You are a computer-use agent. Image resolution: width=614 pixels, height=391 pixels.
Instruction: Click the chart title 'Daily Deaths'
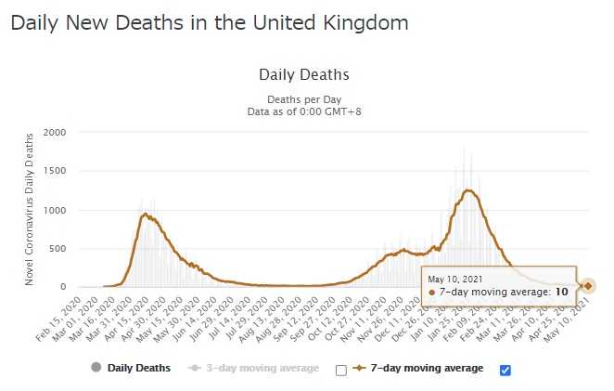[303, 74]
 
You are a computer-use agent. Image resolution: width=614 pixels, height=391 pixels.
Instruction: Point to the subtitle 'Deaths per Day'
[303, 98]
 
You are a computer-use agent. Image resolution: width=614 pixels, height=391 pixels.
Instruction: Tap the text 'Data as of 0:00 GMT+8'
[303, 110]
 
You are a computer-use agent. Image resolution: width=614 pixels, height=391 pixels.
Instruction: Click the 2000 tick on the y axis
[55, 133]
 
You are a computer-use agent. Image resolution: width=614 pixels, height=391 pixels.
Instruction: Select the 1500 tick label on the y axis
[55, 172]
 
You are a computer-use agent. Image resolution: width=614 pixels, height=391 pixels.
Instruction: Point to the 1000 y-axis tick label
[55, 211]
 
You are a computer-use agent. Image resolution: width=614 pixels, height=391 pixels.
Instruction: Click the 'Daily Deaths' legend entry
[138, 368]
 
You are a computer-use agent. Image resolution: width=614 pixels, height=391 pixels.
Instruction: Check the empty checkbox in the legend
[340, 370]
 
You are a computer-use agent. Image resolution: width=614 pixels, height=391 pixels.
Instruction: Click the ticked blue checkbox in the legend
[505, 370]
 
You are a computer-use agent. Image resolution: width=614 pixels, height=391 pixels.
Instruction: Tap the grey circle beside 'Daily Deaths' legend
[95, 368]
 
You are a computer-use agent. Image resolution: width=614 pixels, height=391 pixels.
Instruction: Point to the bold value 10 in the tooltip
[562, 292]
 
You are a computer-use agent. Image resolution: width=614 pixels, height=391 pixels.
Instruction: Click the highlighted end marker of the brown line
[588, 286]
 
